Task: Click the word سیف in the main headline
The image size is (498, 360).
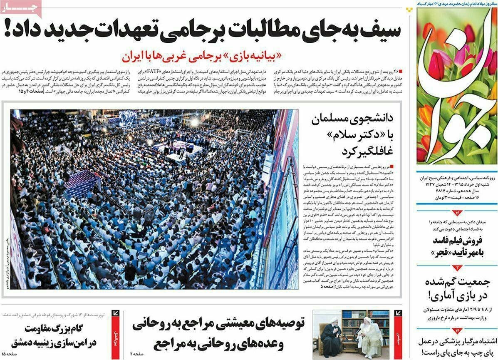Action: tap(379, 31)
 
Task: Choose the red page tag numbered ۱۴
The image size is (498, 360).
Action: tap(456, 330)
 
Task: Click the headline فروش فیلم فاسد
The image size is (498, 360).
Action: tap(457, 241)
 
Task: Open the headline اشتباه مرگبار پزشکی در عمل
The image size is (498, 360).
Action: tap(456, 341)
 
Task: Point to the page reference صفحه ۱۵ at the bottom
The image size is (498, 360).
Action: tap(9, 353)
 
